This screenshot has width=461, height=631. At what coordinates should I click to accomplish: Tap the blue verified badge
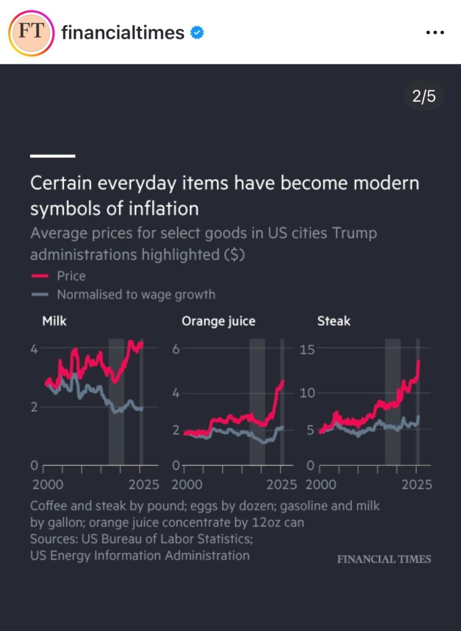point(197,33)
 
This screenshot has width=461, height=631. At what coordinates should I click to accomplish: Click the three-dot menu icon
point(435,33)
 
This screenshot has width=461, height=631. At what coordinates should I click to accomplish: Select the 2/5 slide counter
point(423,97)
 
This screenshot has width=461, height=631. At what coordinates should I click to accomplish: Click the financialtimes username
point(123,33)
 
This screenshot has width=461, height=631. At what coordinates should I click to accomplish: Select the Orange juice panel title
point(218,321)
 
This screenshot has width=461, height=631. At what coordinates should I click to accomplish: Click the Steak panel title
point(333,320)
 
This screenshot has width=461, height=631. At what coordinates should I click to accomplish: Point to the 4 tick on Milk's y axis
point(35,348)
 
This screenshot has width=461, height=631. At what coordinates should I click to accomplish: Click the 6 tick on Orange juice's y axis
point(175,348)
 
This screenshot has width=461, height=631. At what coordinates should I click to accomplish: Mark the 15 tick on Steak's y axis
point(306,349)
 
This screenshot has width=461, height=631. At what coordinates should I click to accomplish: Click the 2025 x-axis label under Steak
point(416,484)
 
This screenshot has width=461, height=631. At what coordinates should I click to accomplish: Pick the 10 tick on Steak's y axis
point(306,393)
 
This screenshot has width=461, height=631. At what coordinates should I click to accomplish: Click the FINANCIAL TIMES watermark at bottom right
point(383,559)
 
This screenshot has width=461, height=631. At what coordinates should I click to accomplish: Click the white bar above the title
point(52,156)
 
